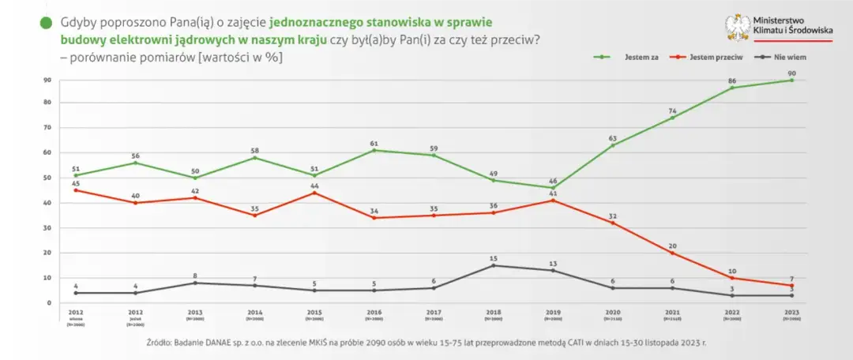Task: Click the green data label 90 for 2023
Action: pyautogui.click(x=792, y=73)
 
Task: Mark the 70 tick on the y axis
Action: pyautogui.click(x=47, y=127)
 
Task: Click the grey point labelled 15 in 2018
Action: pyautogui.click(x=493, y=265)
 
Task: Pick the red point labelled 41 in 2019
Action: pyautogui.click(x=553, y=201)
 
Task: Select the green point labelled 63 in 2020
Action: pyautogui.click(x=613, y=144)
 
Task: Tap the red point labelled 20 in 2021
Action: pyautogui.click(x=673, y=253)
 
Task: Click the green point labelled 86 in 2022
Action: pyautogui.click(x=732, y=88)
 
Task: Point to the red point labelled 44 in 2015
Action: pyautogui.click(x=314, y=193)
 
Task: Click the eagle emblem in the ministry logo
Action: pyautogui.click(x=739, y=28)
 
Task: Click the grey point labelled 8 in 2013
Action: pyautogui.click(x=194, y=283)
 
